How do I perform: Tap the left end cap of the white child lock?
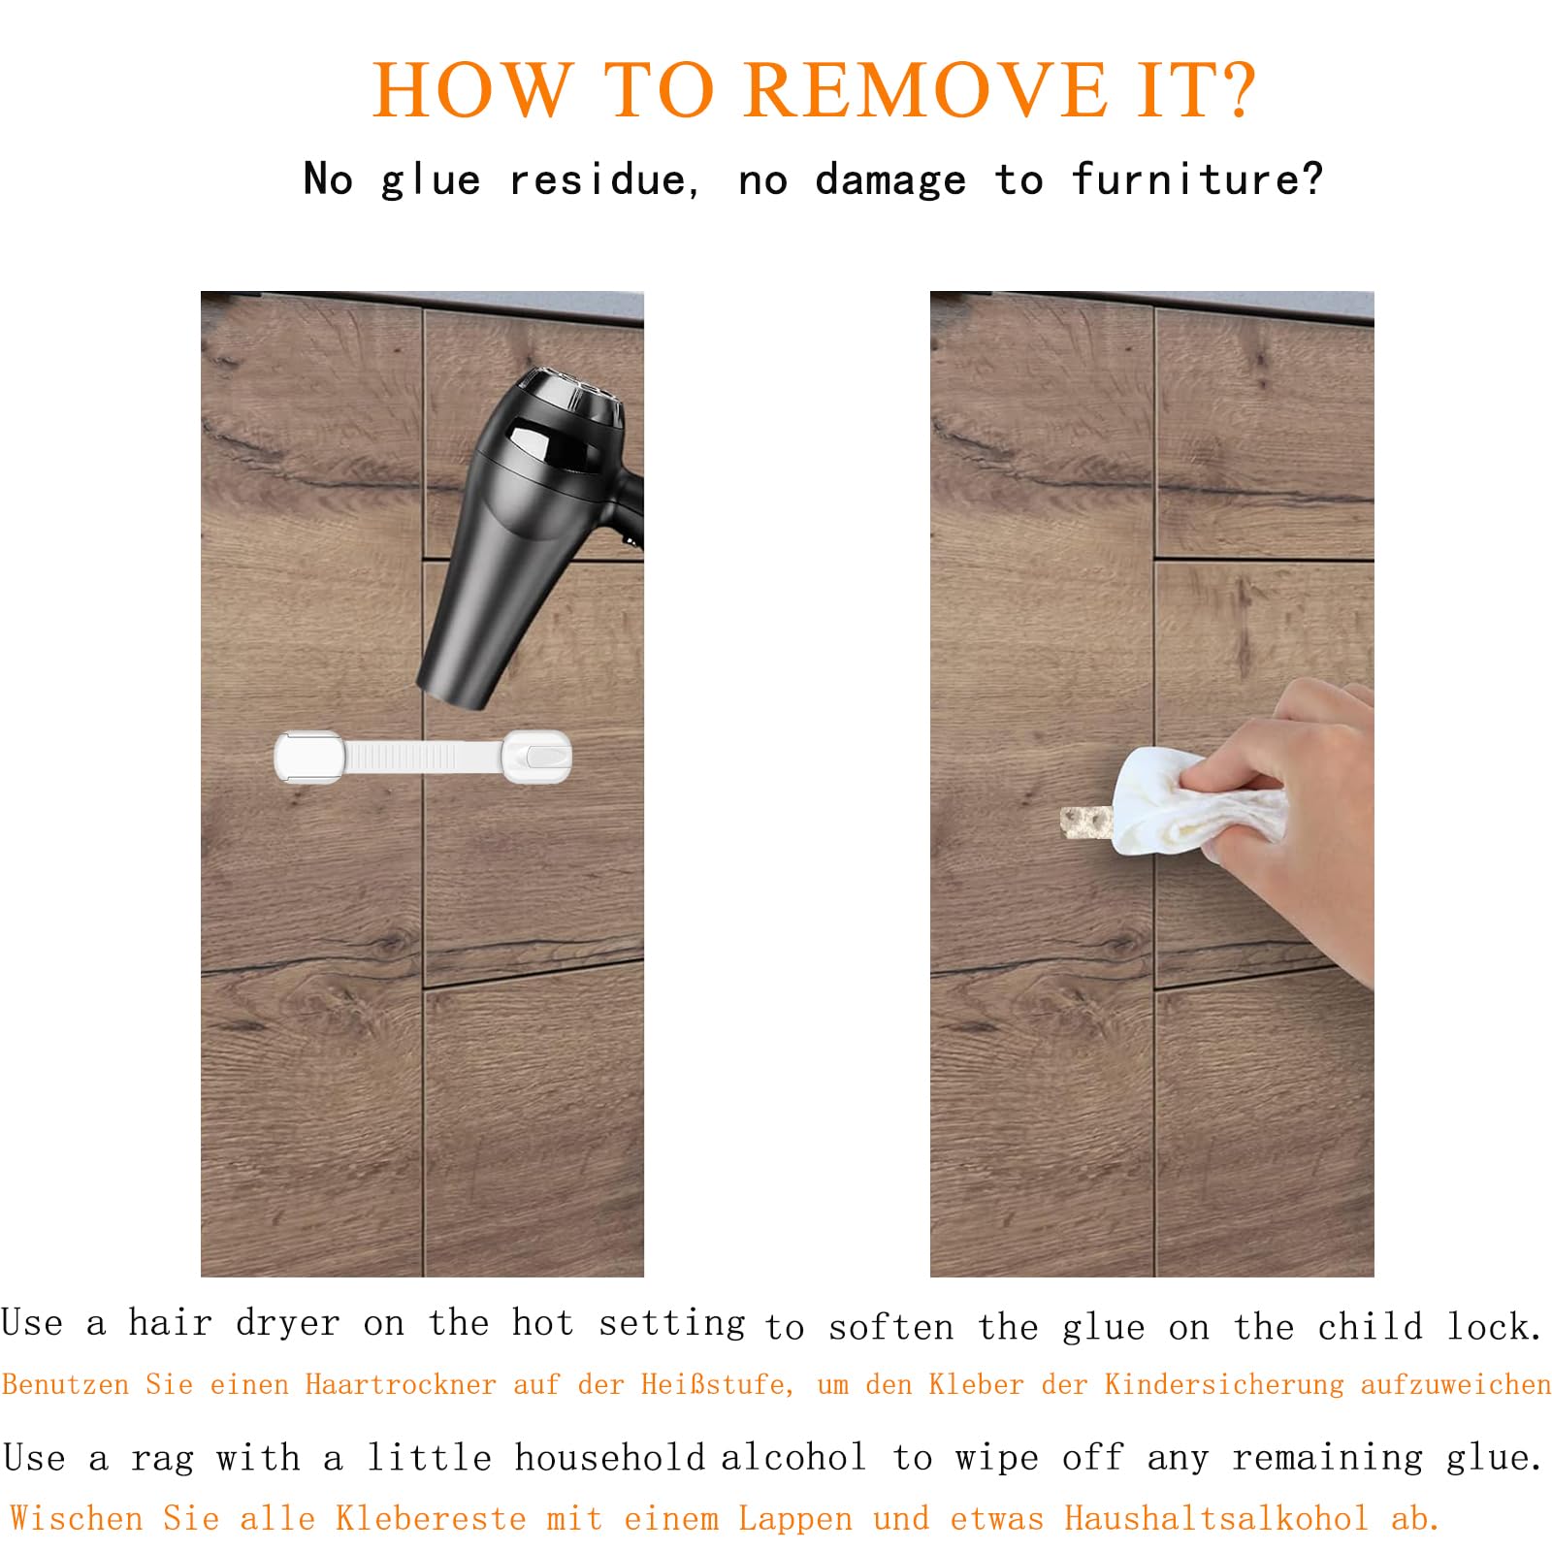[309, 757]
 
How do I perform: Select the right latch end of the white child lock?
[536, 757]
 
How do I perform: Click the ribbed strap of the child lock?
[423, 757]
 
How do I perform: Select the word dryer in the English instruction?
[288, 1324]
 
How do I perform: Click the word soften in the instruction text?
[890, 1327]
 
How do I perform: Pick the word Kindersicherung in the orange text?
[1224, 1384]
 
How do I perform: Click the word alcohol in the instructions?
[792, 1457]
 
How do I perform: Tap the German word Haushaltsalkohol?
[1216, 1518]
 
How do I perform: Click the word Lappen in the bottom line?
[795, 1520]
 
